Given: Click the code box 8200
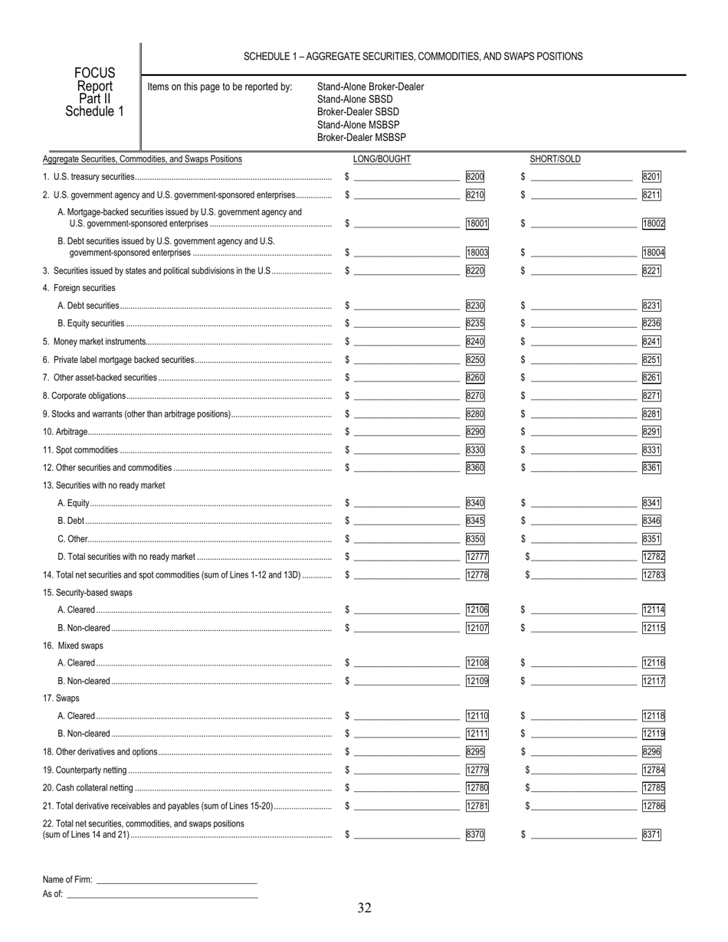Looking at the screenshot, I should [475, 177].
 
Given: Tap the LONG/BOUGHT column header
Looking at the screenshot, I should [382, 159].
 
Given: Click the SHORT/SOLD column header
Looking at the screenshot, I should [555, 159].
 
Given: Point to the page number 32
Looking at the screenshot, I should [364, 908].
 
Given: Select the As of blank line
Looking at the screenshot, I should [162, 895].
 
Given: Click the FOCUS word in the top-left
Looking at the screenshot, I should [94, 74].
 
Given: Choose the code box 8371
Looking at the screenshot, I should [651, 835].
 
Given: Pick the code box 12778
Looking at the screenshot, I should [477, 574].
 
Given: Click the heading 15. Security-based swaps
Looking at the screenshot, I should [87, 593].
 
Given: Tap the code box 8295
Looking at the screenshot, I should [475, 752].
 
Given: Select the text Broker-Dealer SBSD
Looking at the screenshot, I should [358, 112].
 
